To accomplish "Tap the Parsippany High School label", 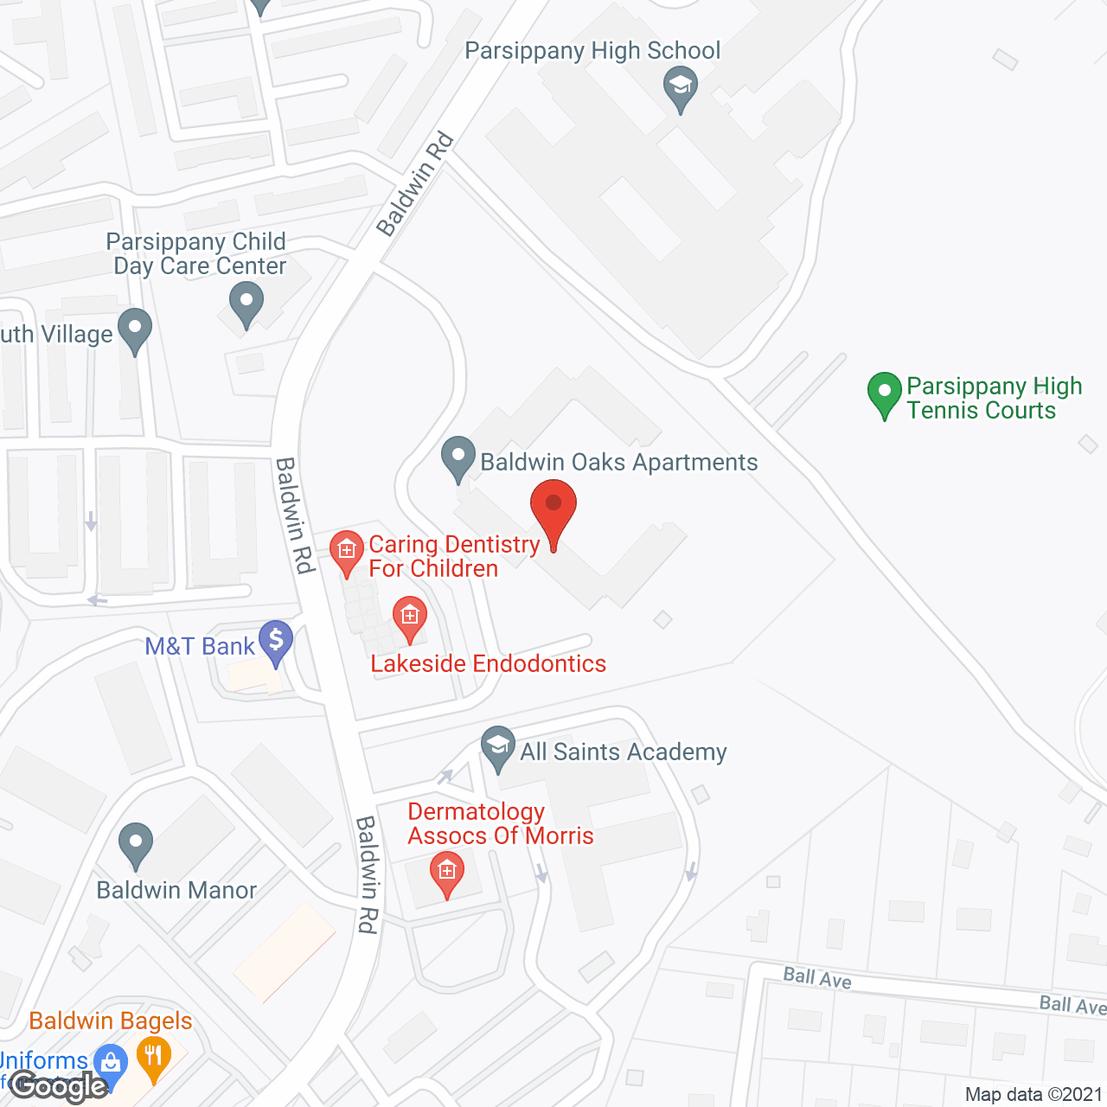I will point(592,51).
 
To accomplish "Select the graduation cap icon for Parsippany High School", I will point(681,88).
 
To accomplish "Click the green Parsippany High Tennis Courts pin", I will point(884,393).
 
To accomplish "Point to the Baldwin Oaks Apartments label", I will point(619,463).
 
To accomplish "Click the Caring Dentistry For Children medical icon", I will point(347,551).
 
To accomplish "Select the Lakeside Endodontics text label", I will point(489,663).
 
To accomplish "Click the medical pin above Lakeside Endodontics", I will point(410,617).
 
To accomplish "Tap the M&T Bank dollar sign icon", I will point(276,642).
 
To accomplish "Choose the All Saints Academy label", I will point(623,752).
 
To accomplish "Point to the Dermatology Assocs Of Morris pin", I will point(446,872).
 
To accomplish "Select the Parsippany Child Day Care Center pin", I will point(246,304).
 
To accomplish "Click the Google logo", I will point(59,1085).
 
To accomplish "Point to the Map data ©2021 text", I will point(1033,1094).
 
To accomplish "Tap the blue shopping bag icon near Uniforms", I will point(111,1062).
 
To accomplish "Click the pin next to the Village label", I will point(134,330).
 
